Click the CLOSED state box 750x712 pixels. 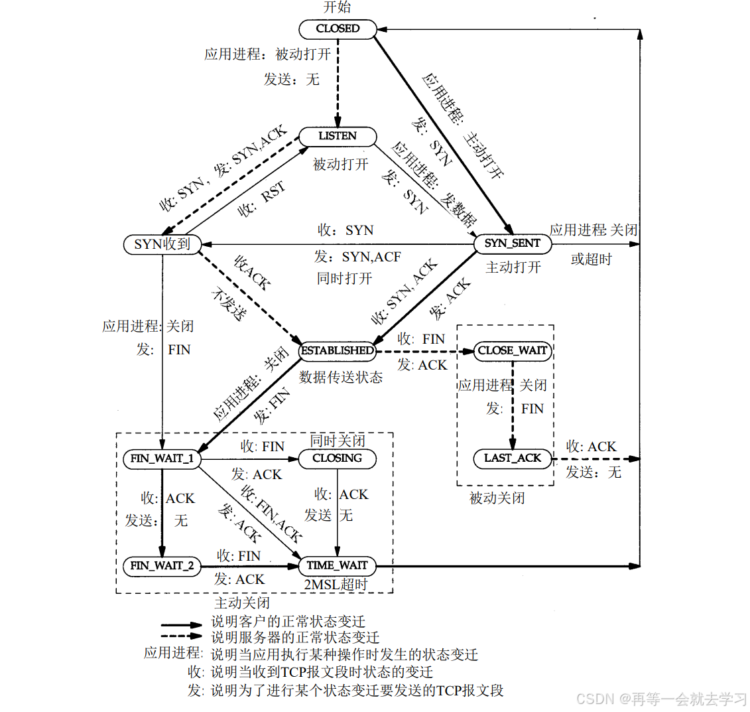(x=338, y=29)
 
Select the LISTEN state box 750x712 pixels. (x=338, y=137)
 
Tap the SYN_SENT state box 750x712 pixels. (x=513, y=244)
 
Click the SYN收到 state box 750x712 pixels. (x=162, y=244)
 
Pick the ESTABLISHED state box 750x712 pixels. (x=338, y=350)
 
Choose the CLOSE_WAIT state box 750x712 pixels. (x=513, y=350)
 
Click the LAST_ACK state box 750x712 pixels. (x=513, y=458)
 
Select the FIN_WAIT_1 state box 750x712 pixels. (x=162, y=459)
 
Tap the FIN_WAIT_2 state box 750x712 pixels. (x=162, y=566)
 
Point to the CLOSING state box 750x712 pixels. (x=338, y=459)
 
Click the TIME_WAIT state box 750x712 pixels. (x=338, y=566)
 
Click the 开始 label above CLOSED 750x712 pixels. (x=337, y=8)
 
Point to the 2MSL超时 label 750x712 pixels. (x=336, y=585)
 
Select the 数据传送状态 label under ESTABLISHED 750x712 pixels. (x=341, y=377)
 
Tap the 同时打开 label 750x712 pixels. (x=344, y=278)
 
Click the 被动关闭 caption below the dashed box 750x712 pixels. (x=497, y=498)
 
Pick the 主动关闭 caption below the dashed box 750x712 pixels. (x=242, y=603)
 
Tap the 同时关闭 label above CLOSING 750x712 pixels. (x=338, y=441)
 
